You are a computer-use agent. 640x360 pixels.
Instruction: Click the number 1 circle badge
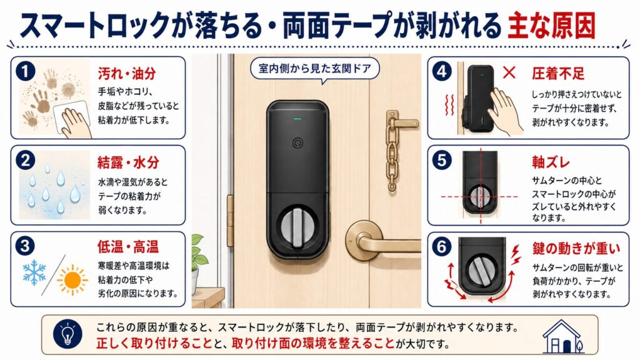click(25, 72)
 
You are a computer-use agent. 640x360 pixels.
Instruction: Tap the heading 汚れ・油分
click(127, 74)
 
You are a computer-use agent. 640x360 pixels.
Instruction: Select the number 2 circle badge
click(25, 161)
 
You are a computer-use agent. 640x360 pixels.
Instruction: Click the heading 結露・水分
click(128, 162)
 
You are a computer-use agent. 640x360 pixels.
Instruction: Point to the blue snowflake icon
click(34, 272)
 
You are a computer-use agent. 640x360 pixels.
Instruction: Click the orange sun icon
click(72, 279)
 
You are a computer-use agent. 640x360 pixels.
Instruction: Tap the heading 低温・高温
click(127, 247)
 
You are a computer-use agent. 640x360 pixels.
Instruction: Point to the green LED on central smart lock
click(297, 119)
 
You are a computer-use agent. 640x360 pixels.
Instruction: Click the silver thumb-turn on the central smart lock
click(297, 227)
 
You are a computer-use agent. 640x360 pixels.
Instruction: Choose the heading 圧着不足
click(558, 74)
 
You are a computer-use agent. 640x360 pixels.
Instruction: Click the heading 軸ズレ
click(551, 162)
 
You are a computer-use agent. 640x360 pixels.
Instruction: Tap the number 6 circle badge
click(442, 247)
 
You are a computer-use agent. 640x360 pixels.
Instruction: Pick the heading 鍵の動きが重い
click(576, 248)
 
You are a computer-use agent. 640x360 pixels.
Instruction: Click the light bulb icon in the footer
click(67, 334)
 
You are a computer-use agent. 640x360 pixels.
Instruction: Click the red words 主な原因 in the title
click(551, 25)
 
